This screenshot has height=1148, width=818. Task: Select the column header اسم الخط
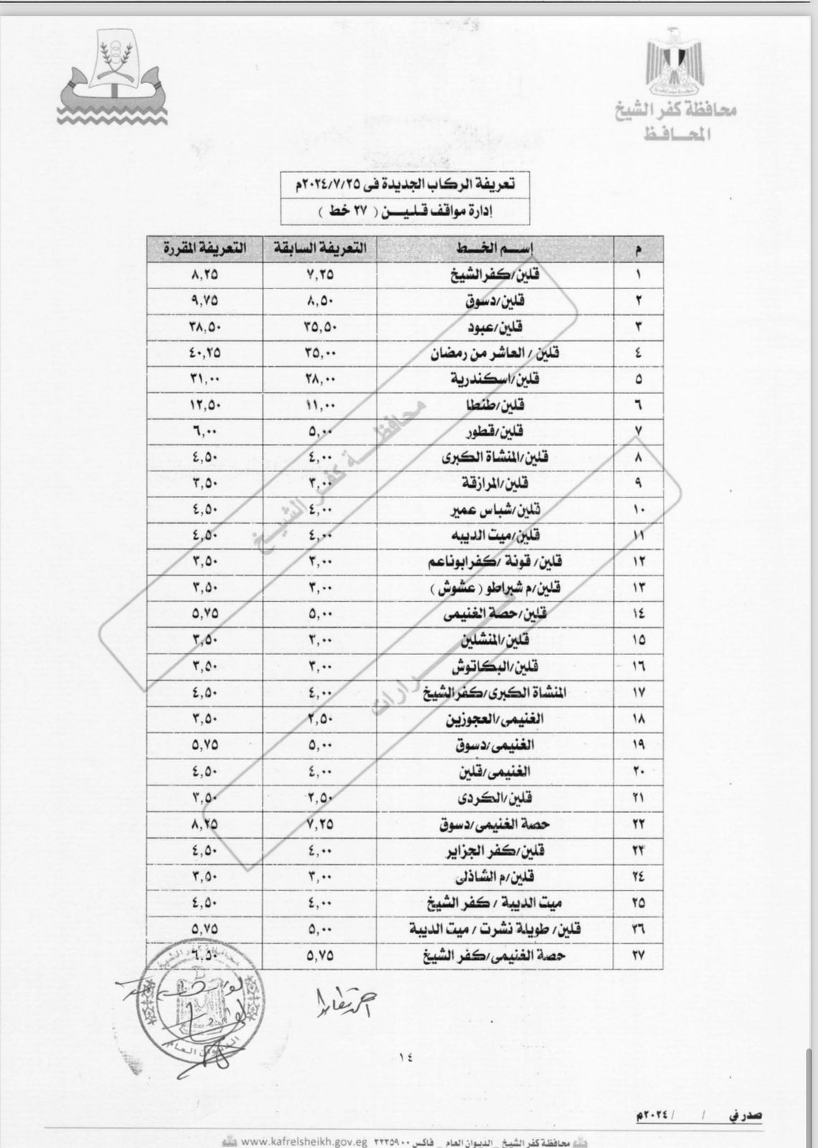coord(495,248)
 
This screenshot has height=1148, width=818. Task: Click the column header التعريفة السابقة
coord(319,248)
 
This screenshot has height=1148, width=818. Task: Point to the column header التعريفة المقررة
coord(204,248)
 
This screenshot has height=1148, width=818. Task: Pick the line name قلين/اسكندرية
coord(494,379)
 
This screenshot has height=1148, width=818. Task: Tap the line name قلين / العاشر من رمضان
coord(494,353)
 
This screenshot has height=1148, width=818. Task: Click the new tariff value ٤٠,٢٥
coord(205,353)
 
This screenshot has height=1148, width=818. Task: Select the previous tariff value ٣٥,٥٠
coord(319,326)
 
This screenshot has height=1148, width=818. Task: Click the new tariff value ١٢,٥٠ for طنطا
coord(205,405)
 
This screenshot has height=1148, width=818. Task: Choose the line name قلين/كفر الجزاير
coord(502,850)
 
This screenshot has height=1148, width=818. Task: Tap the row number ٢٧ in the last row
coord(639,956)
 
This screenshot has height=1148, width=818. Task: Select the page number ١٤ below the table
coord(405,1055)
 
